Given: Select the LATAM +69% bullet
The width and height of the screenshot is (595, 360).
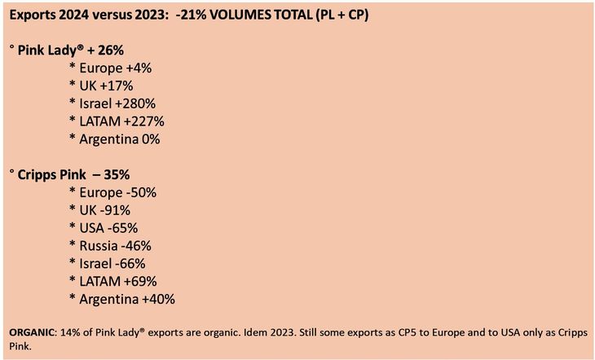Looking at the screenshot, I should point(115,282).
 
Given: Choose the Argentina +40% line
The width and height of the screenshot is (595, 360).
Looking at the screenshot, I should point(126,300).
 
